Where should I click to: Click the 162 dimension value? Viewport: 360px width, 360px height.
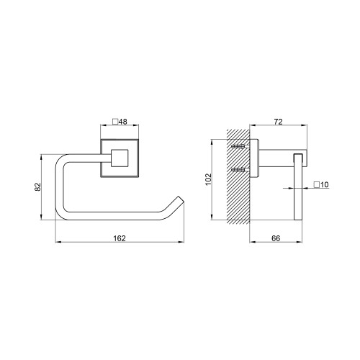[120, 238]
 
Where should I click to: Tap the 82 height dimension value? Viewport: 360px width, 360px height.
[38, 186]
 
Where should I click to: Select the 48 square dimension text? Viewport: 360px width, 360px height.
[123, 122]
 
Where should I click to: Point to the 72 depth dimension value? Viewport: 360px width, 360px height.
[278, 122]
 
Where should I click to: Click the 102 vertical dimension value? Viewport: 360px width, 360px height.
[208, 179]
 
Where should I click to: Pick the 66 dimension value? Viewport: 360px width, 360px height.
[276, 238]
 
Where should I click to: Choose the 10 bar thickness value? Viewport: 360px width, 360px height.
[324, 185]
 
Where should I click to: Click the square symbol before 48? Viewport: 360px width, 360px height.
[115, 122]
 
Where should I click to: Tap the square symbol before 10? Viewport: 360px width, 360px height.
[317, 185]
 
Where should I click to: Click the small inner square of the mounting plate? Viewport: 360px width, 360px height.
[120, 158]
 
